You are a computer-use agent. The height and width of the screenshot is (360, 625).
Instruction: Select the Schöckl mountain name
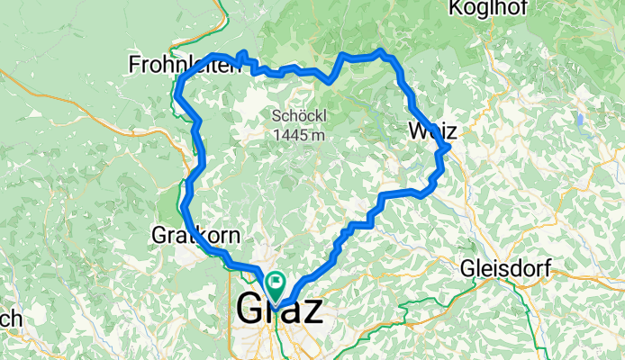295,116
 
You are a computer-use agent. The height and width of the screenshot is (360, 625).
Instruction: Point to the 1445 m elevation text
295,135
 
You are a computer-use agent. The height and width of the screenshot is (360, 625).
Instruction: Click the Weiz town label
432,131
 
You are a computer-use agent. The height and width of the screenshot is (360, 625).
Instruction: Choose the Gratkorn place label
196,236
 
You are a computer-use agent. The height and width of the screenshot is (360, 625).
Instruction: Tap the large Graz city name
279,310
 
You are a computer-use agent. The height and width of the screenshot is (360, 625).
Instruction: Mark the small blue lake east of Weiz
583,120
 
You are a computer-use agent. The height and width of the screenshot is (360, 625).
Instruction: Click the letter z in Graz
312,311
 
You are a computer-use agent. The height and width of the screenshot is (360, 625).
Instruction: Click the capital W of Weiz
416,131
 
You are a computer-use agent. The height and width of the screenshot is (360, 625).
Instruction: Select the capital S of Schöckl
276,116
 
